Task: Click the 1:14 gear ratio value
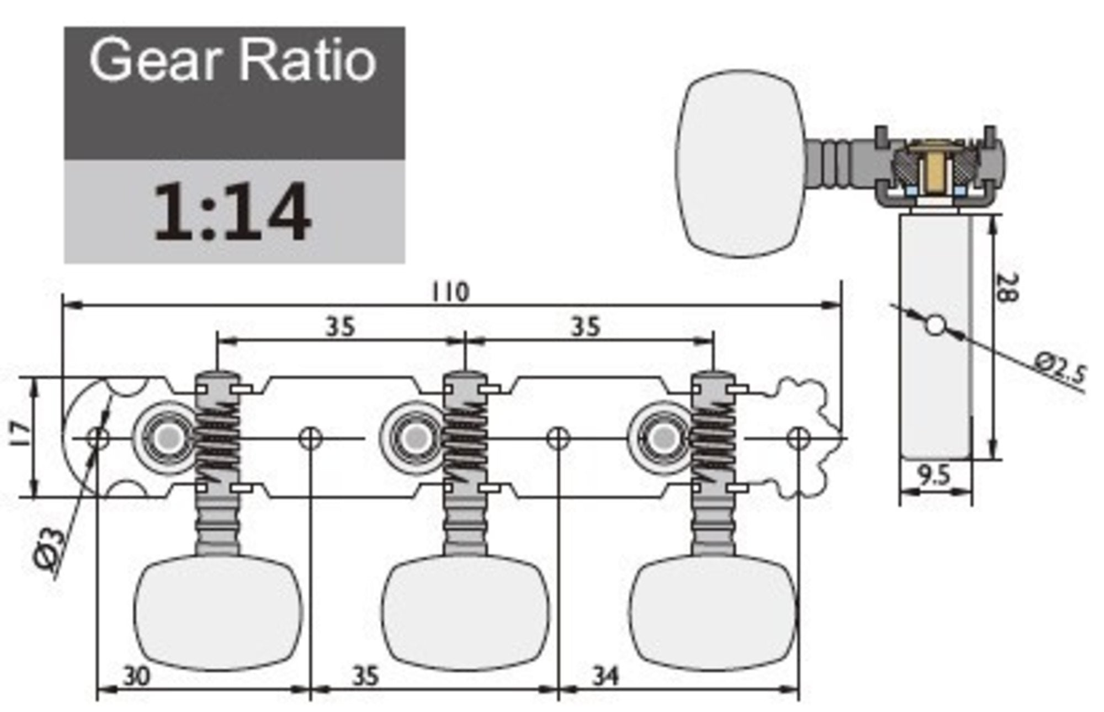(232, 212)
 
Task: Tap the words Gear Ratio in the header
(233, 61)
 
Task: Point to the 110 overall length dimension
(450, 292)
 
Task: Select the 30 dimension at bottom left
(136, 677)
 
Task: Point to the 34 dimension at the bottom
(606, 676)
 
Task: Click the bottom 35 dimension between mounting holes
(365, 677)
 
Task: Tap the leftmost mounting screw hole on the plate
(99, 438)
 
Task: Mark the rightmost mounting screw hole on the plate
(798, 438)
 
